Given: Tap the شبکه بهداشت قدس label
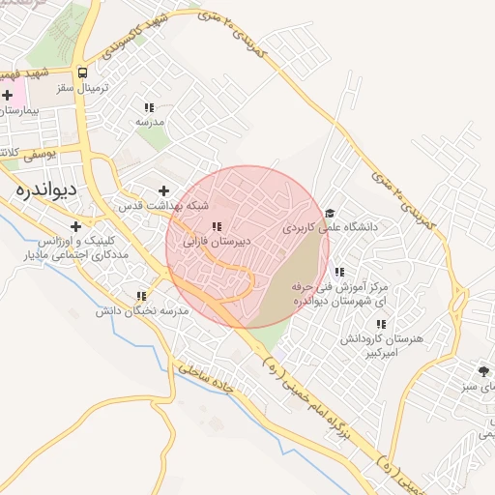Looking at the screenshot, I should coord(163,207).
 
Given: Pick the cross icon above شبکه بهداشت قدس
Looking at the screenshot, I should coord(163,190).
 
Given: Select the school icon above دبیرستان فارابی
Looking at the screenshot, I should coord(216,226).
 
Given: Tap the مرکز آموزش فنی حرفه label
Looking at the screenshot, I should coord(338,295).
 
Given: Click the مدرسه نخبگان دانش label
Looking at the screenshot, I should coord(141,311).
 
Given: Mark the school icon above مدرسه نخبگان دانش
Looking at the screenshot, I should coord(141,296).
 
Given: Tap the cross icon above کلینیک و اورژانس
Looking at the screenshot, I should coord(75,225).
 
